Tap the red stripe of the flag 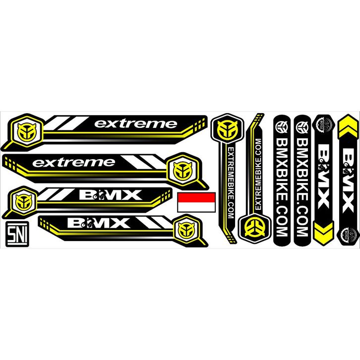pyautogui.click(x=196, y=197)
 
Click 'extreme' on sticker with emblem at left pyautogui.click(x=135, y=123)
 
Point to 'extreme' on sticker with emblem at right pyautogui.click(x=73, y=162)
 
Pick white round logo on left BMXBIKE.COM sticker pyautogui.click(x=282, y=126)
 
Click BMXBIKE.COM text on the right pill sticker pyautogui.click(x=302, y=188)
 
